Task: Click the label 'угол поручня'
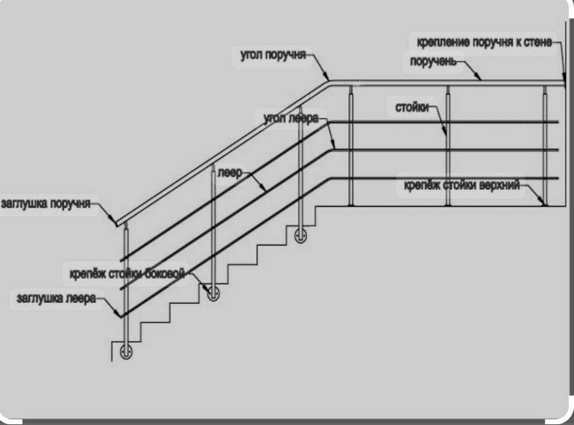[273, 55]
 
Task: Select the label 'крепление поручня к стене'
[484, 42]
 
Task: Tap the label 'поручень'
[434, 61]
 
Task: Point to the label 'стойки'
[412, 107]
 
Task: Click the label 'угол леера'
[291, 118]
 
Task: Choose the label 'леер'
[230, 173]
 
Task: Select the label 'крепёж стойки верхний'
[462, 185]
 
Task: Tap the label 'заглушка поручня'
[46, 203]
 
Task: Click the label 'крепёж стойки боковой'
[127, 273]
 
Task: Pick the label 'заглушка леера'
[56, 298]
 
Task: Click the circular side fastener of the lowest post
[126, 351]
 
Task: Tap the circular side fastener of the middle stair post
[213, 293]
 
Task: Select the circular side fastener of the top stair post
[301, 236]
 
